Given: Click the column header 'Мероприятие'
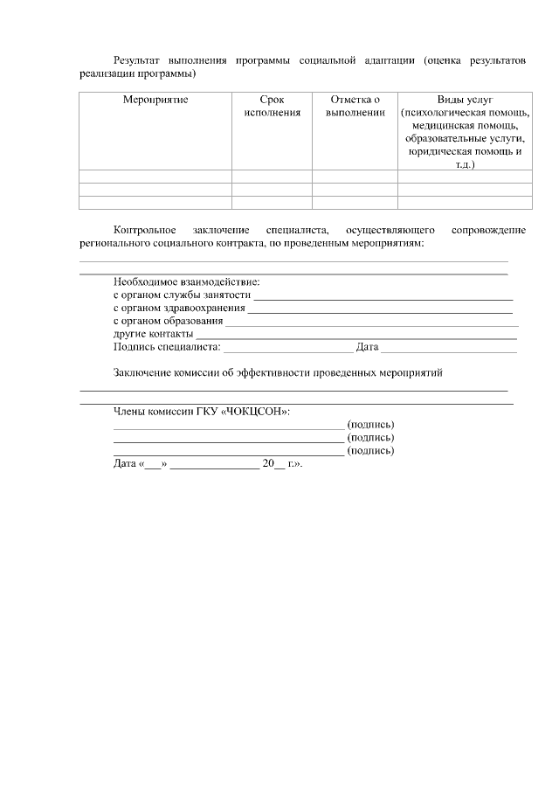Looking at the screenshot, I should click(155, 100).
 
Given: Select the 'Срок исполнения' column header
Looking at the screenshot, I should click(272, 106).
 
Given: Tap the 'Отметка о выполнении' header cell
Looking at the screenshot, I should click(355, 106).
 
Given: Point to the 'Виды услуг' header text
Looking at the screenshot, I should click(465, 100).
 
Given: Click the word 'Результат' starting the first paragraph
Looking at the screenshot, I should click(137, 60).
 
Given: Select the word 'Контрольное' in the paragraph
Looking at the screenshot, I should click(143, 229).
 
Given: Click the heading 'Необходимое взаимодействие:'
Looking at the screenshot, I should click(187, 282).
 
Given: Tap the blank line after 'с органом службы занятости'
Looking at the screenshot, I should click(383, 297).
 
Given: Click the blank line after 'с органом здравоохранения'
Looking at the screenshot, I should click(380, 310).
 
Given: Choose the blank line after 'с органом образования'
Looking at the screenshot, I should click(371, 323).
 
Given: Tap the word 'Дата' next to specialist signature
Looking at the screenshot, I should click(367, 347).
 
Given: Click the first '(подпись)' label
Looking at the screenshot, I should click(370, 424).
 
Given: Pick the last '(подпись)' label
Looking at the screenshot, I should click(370, 450).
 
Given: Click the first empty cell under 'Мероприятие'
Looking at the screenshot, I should click(155, 176).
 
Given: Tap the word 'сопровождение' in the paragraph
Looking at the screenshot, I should click(488, 229).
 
